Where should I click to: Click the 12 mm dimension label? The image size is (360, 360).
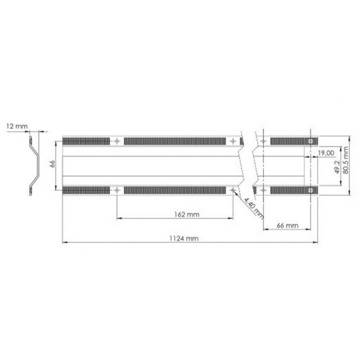(17, 126)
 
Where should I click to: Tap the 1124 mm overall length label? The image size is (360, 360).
(184, 238)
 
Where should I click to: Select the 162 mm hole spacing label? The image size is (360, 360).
(187, 215)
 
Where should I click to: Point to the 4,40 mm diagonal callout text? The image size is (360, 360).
(253, 207)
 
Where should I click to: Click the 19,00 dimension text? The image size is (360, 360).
(326, 153)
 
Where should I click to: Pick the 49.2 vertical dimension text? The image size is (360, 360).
(337, 167)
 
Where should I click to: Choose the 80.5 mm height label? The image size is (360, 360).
(346, 160)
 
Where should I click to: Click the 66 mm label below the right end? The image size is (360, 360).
(288, 225)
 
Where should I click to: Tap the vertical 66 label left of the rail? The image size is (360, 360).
(53, 164)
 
